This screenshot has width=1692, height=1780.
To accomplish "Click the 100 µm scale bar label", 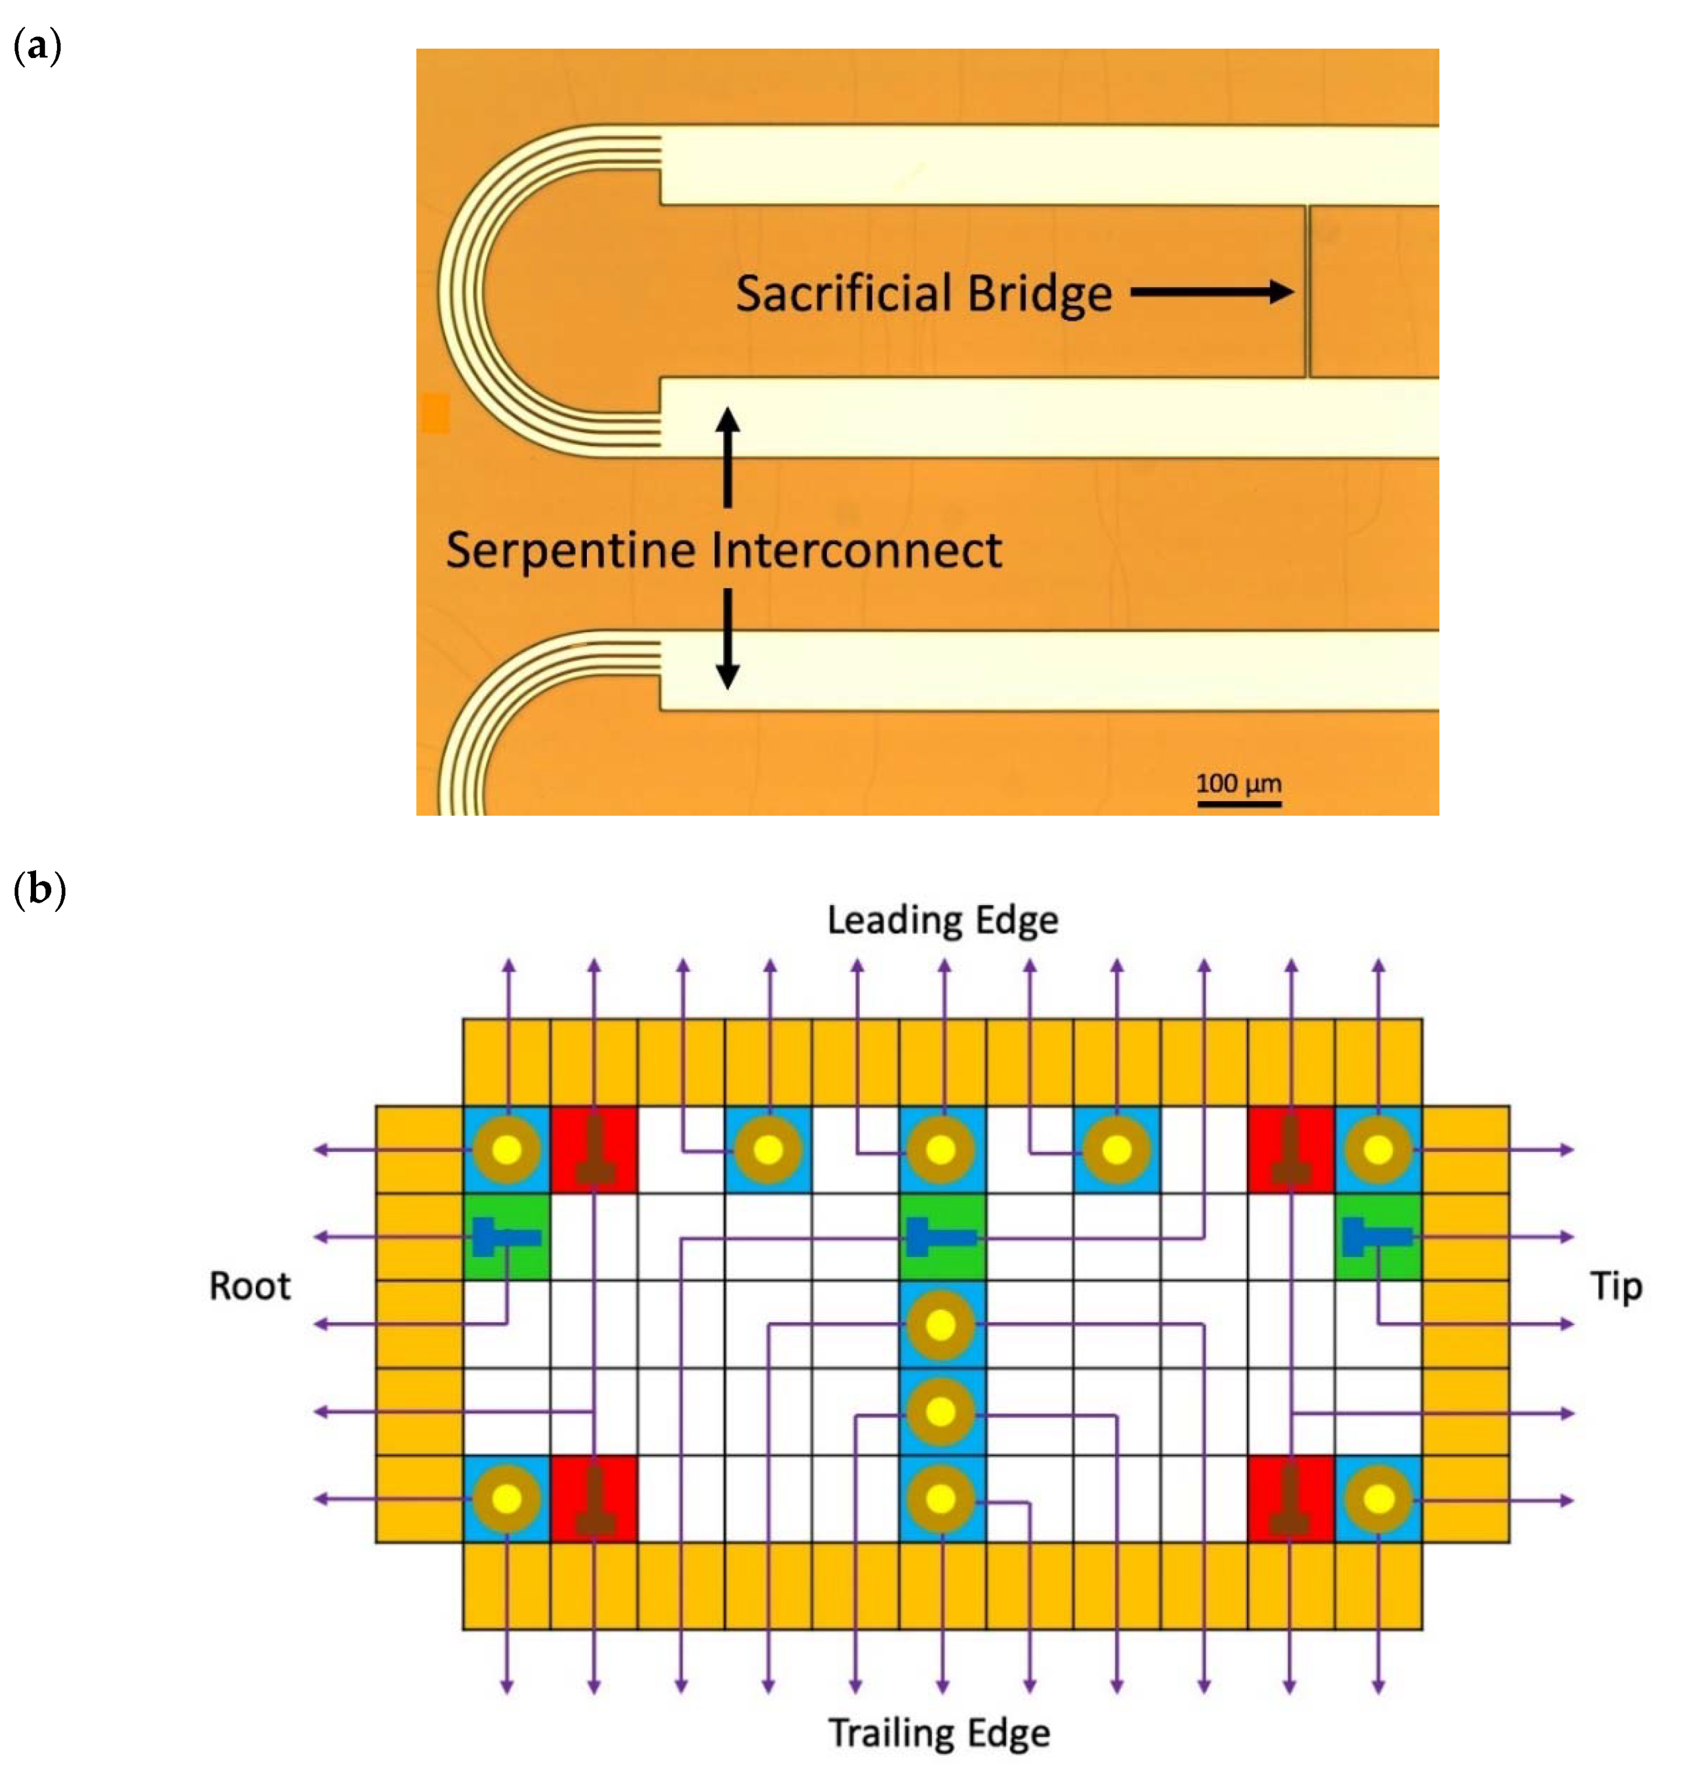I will (1238, 783).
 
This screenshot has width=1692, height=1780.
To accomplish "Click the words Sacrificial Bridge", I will (923, 294).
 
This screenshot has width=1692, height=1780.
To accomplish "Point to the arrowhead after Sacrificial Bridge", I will (1281, 291).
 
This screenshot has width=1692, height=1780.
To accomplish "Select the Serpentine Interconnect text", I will (723, 550).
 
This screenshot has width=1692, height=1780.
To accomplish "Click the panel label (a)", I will (38, 45).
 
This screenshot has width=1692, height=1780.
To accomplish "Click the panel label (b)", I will (40, 889).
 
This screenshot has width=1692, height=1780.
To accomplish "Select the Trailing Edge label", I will (939, 1732).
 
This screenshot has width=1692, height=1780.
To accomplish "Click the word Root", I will (250, 1286).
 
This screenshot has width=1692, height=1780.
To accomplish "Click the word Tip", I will (1615, 1286).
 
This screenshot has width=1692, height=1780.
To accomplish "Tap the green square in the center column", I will (942, 1236).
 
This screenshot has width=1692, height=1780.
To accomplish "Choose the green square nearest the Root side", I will (506, 1236).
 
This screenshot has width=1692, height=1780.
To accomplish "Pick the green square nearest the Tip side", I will (1377, 1236).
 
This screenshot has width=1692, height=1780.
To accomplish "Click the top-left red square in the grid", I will (593, 1150).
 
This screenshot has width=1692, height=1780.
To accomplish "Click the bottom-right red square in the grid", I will (1290, 1499).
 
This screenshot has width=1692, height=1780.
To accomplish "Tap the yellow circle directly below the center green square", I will (941, 1325).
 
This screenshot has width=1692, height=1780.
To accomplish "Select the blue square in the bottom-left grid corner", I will (506, 1499).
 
